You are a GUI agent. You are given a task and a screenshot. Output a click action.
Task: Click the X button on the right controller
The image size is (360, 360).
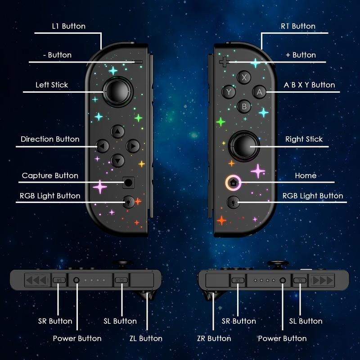click(x=244, y=77)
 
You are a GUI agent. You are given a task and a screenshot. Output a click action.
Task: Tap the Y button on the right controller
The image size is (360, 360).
click(x=229, y=92)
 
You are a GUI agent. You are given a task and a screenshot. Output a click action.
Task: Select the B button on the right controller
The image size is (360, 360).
click(x=244, y=107)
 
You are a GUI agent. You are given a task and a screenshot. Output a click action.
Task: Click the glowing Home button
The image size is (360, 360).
click(x=233, y=183)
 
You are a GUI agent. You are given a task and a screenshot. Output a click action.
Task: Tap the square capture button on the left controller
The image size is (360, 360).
click(x=129, y=183)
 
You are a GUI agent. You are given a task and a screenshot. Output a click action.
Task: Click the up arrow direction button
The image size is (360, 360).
click(x=117, y=131)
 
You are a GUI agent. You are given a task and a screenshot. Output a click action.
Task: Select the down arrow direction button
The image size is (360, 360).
click(x=117, y=160)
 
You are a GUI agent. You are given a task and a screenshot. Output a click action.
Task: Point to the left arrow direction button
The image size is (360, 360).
click(x=103, y=146)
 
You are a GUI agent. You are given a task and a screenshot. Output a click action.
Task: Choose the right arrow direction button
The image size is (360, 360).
click(x=133, y=146)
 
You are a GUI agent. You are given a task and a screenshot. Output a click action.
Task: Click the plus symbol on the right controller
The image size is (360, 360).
click(x=224, y=61)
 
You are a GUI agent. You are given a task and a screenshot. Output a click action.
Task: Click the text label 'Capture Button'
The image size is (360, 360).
click(x=50, y=175)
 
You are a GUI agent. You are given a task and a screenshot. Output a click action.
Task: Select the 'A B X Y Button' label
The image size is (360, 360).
click(x=310, y=85)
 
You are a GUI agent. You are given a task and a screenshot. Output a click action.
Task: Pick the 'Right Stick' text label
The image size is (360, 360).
click(x=304, y=139)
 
